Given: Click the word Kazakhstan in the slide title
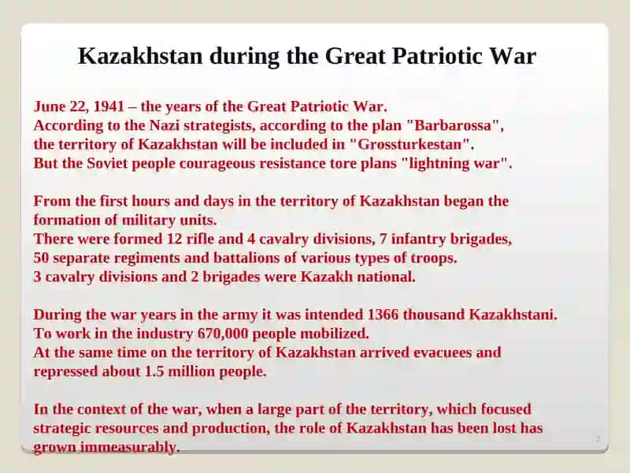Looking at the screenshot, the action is click(140, 56).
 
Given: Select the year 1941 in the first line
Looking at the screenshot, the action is click(109, 106).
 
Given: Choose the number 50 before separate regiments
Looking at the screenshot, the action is click(41, 258).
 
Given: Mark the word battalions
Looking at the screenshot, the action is click(246, 258).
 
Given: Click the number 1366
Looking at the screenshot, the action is click(383, 315).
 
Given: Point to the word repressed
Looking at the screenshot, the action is click(65, 371).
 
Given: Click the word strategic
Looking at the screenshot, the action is click(62, 428).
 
